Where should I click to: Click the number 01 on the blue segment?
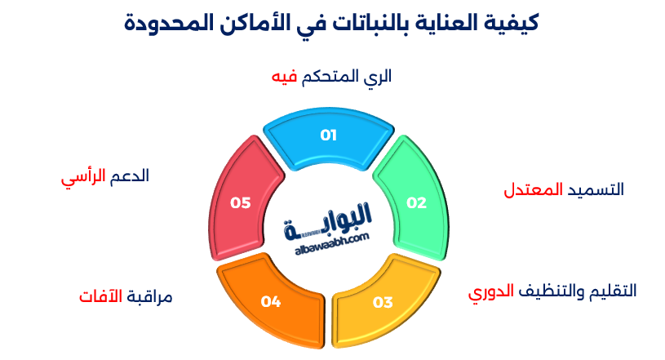pyautogui.click(x=328, y=136)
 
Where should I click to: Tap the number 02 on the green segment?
pyautogui.click(x=417, y=203)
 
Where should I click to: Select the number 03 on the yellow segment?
pyautogui.click(x=383, y=302)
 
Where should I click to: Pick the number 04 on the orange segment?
pyautogui.click(x=271, y=302)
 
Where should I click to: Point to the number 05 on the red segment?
pyautogui.click(x=240, y=203)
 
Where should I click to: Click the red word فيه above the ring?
pyautogui.click(x=284, y=77)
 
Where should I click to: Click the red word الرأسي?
pyautogui.click(x=82, y=177)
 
